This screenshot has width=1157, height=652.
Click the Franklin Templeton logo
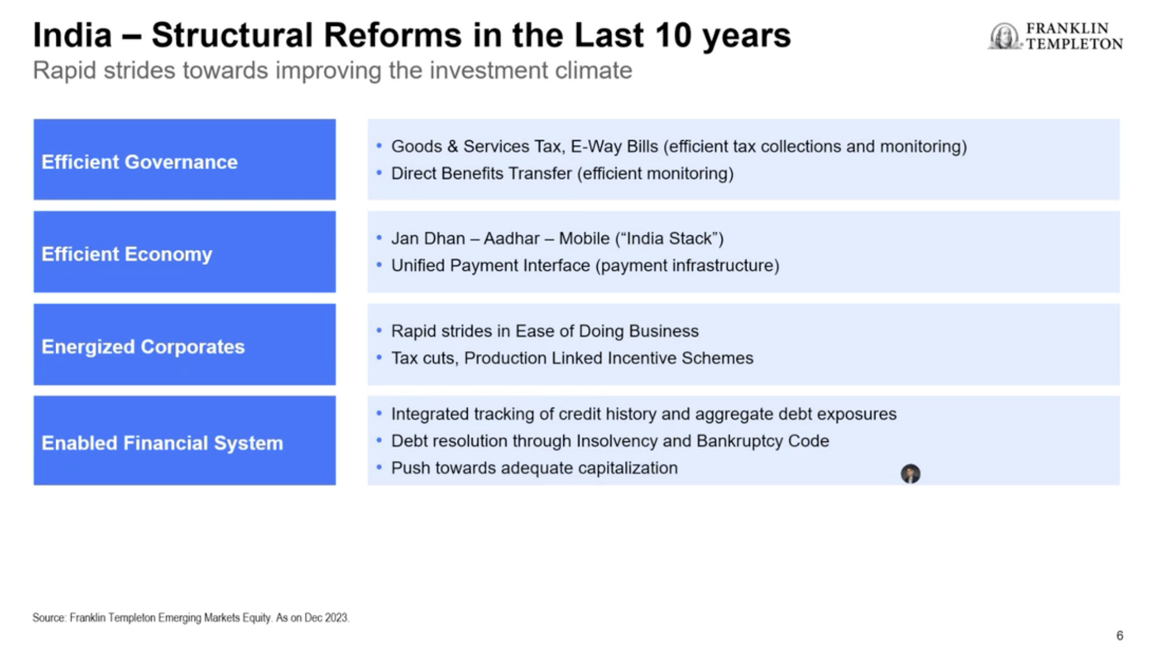[x=1055, y=36]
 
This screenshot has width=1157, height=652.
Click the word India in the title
[x=72, y=35]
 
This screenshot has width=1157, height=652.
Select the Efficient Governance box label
[x=139, y=162]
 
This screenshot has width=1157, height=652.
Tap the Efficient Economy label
[x=127, y=254]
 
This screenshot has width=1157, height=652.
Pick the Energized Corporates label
[x=143, y=347]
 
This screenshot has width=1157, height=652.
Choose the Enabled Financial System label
[x=162, y=443]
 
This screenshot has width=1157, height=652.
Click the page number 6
[x=1120, y=636]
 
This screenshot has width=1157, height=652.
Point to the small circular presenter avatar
[x=910, y=473]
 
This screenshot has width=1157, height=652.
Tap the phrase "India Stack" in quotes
[x=669, y=239]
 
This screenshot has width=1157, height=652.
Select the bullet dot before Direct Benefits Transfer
[x=379, y=172]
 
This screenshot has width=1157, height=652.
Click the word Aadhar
[x=512, y=239]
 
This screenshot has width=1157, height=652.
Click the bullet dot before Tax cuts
[x=379, y=357]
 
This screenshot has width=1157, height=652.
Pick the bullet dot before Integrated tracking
[x=379, y=413]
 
